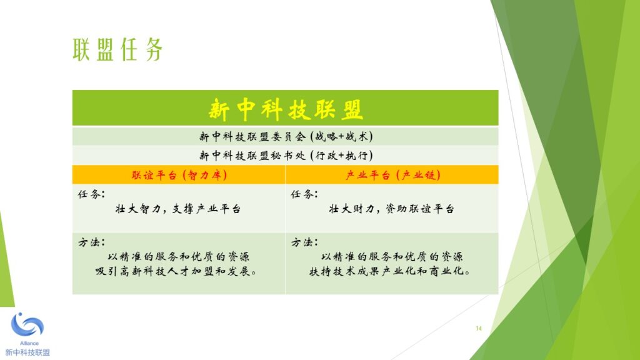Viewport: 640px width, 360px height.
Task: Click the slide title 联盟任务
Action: click(118, 49)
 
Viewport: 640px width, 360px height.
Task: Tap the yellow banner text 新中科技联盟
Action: click(285, 109)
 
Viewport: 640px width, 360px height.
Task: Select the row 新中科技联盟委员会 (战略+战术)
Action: click(286, 136)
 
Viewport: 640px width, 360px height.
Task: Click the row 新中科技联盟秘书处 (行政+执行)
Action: click(286, 156)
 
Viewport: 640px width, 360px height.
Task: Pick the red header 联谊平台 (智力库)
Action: click(179, 175)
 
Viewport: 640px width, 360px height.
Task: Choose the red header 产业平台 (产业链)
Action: click(392, 175)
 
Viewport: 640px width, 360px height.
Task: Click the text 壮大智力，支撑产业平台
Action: click(178, 209)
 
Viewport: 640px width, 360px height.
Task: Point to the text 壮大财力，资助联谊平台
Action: click(391, 209)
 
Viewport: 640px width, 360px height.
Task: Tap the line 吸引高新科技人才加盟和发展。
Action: click(176, 271)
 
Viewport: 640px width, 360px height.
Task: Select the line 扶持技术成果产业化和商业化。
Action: click(390, 271)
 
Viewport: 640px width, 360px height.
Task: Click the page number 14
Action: click(479, 328)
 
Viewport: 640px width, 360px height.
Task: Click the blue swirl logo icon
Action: click(27, 325)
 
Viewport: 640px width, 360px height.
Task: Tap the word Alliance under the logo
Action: click(29, 343)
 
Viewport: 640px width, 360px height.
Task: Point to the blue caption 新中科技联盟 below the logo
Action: click(27, 352)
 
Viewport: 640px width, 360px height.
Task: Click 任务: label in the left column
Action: click(91, 194)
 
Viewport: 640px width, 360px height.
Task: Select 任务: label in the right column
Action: click(304, 194)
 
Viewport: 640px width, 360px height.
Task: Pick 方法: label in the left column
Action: click(91, 242)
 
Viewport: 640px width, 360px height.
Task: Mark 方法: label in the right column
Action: click(304, 242)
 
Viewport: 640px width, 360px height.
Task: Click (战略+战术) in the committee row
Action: click(342, 136)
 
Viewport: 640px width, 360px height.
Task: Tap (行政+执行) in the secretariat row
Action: click(342, 156)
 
